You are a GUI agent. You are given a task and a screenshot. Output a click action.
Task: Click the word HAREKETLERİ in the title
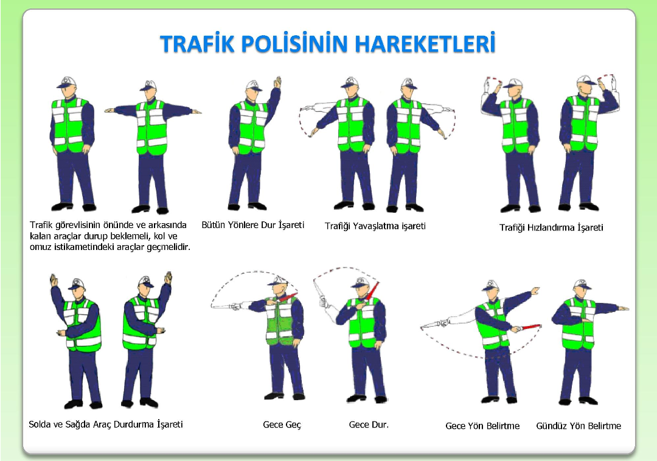[426, 43]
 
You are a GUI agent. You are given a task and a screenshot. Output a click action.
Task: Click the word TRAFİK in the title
[197, 43]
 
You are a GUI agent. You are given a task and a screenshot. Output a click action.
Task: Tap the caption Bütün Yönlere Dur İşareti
[252, 225]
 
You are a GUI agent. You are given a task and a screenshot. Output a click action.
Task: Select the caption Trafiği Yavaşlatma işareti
[375, 226]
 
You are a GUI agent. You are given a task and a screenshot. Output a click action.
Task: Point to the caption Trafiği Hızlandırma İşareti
[551, 228]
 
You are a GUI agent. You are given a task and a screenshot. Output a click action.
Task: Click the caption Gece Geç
[282, 425]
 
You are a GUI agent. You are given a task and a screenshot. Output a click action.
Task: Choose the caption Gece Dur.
[369, 425]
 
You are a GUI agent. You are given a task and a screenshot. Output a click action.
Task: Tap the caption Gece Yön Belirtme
[482, 426]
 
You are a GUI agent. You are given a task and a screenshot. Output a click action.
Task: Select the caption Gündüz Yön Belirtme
[579, 426]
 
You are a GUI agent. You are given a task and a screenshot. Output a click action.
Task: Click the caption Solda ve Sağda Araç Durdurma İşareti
[106, 425]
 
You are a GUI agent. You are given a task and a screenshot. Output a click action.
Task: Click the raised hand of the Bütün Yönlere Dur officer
[277, 81]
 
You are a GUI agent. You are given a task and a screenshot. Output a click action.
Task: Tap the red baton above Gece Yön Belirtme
[530, 327]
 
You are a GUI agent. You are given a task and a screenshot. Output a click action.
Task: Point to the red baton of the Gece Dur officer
[372, 290]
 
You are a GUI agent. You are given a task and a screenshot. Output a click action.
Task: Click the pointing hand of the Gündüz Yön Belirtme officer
[624, 308]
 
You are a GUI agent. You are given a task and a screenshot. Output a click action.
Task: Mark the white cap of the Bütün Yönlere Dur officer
[254, 85]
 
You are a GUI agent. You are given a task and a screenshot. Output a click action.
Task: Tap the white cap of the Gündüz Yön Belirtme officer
[582, 284]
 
